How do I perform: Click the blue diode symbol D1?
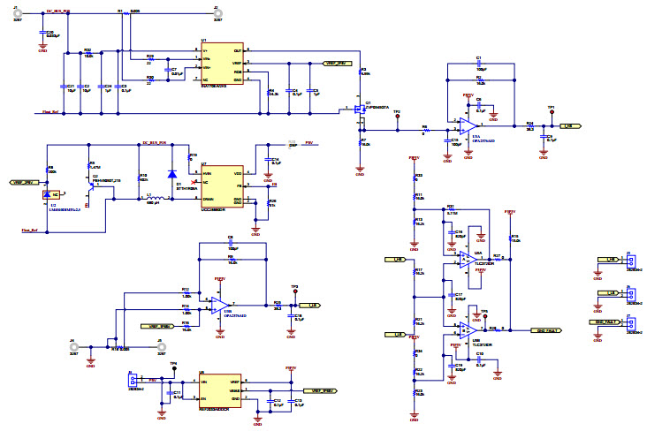coord(171,173)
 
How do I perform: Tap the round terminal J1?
coord(18,16)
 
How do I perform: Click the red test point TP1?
coord(551,112)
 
